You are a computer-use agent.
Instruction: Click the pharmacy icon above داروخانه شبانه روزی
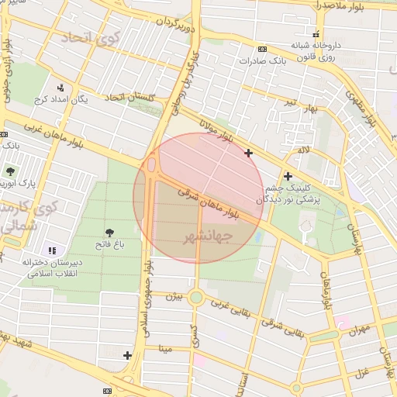pyautogui.click(x=316, y=34)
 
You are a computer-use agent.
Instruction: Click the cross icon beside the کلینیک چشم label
pyautogui.click(x=288, y=176)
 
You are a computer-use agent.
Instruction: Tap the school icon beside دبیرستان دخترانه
pyautogui.click(x=52, y=250)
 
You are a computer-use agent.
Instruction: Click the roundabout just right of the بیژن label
pyautogui.click(x=197, y=297)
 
